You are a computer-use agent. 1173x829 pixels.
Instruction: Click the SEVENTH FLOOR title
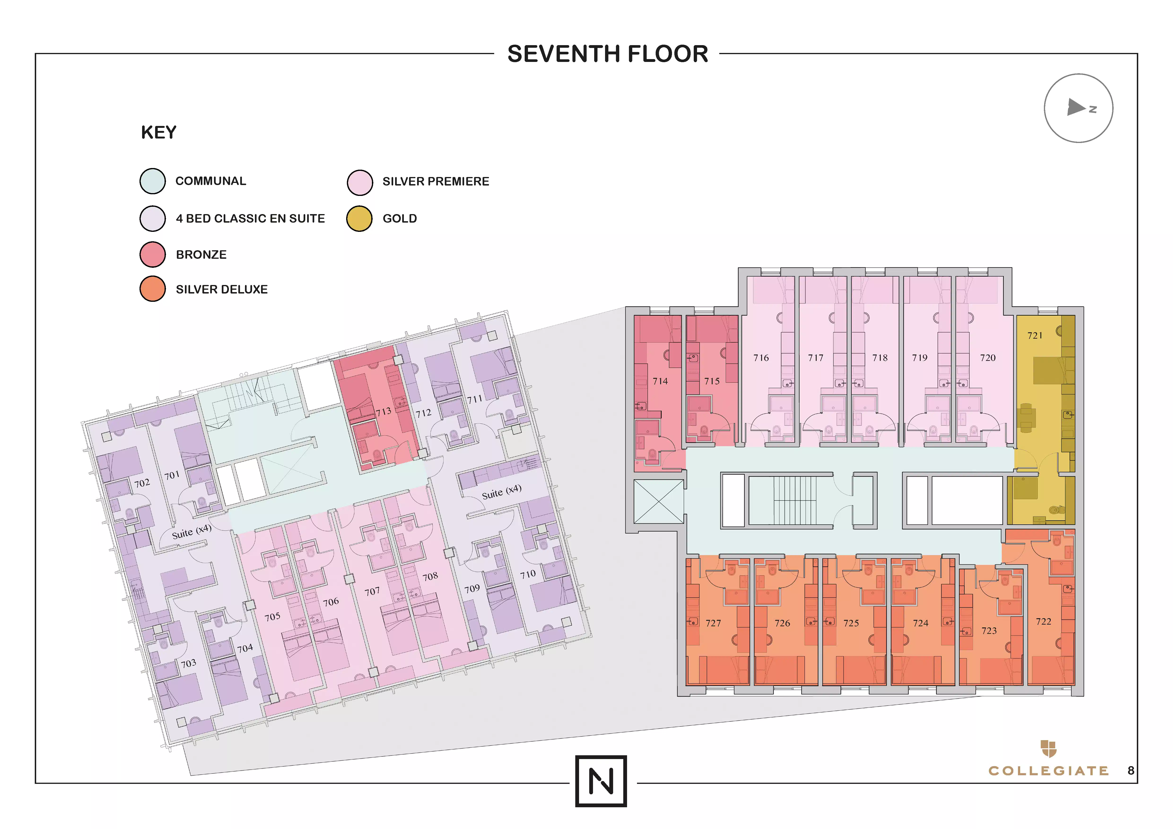[x=607, y=54]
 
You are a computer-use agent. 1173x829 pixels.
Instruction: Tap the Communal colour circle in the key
[x=153, y=181]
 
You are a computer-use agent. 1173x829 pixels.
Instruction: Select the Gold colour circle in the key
[x=359, y=219]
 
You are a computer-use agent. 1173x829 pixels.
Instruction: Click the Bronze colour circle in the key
[x=153, y=254]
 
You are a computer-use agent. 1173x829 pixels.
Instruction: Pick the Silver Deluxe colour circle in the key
[x=153, y=289]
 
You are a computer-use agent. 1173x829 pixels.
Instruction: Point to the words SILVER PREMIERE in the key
[x=436, y=181]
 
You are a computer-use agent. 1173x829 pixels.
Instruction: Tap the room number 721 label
[x=1035, y=335]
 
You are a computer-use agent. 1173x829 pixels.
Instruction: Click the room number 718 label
[x=880, y=358]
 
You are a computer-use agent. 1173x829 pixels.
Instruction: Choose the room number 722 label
[x=1044, y=621]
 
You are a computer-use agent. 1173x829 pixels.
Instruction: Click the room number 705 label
[x=272, y=617]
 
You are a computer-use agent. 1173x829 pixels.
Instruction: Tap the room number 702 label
[x=142, y=483]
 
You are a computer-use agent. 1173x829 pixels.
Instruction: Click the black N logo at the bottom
[x=601, y=781]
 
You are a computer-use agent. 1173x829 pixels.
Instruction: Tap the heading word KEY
[x=159, y=133]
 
